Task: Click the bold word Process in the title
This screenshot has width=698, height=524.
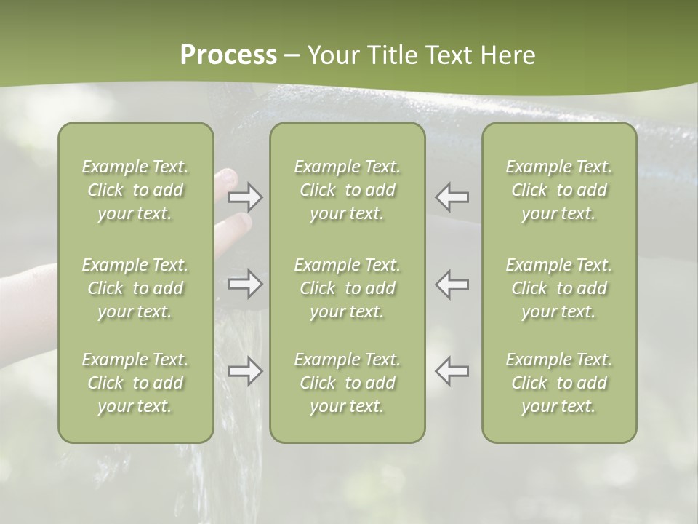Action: [228, 55]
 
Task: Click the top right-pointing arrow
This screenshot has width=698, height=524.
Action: [246, 197]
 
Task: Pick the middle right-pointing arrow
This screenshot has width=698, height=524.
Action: [246, 284]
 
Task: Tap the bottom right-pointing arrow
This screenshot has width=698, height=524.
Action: [246, 370]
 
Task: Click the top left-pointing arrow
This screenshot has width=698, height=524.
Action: [452, 196]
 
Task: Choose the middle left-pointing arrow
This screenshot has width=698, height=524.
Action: [452, 284]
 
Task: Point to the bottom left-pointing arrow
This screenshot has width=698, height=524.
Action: [452, 370]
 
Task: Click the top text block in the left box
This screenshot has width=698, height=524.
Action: [135, 190]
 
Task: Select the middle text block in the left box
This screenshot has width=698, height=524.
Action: [135, 288]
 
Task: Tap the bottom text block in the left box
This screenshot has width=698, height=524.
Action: [135, 383]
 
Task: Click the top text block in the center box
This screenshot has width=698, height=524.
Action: [347, 190]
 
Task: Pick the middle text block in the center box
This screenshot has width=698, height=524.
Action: [347, 288]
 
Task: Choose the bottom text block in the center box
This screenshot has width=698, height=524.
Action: [347, 383]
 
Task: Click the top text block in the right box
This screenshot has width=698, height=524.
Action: [558, 190]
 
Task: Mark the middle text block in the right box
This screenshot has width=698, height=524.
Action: [558, 288]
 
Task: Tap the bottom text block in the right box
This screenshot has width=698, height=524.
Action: [558, 383]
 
